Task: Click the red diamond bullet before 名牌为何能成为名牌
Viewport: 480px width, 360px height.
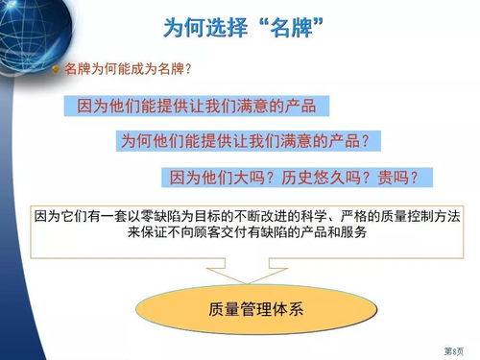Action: click(x=57, y=70)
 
